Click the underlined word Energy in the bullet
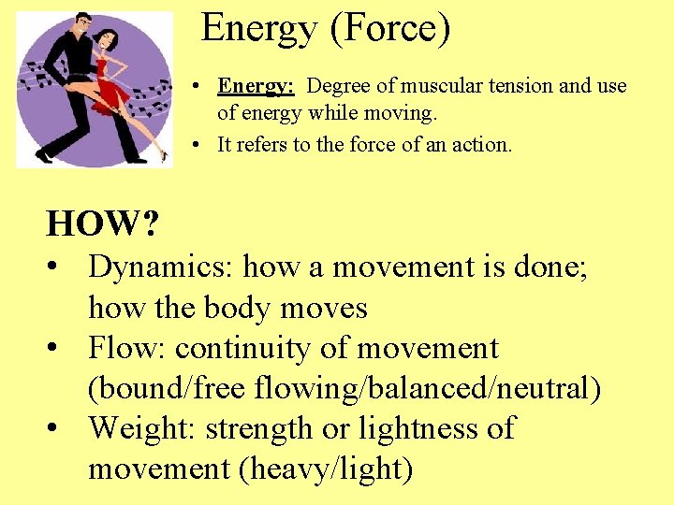256,86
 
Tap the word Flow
126,348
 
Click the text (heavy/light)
327,469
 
